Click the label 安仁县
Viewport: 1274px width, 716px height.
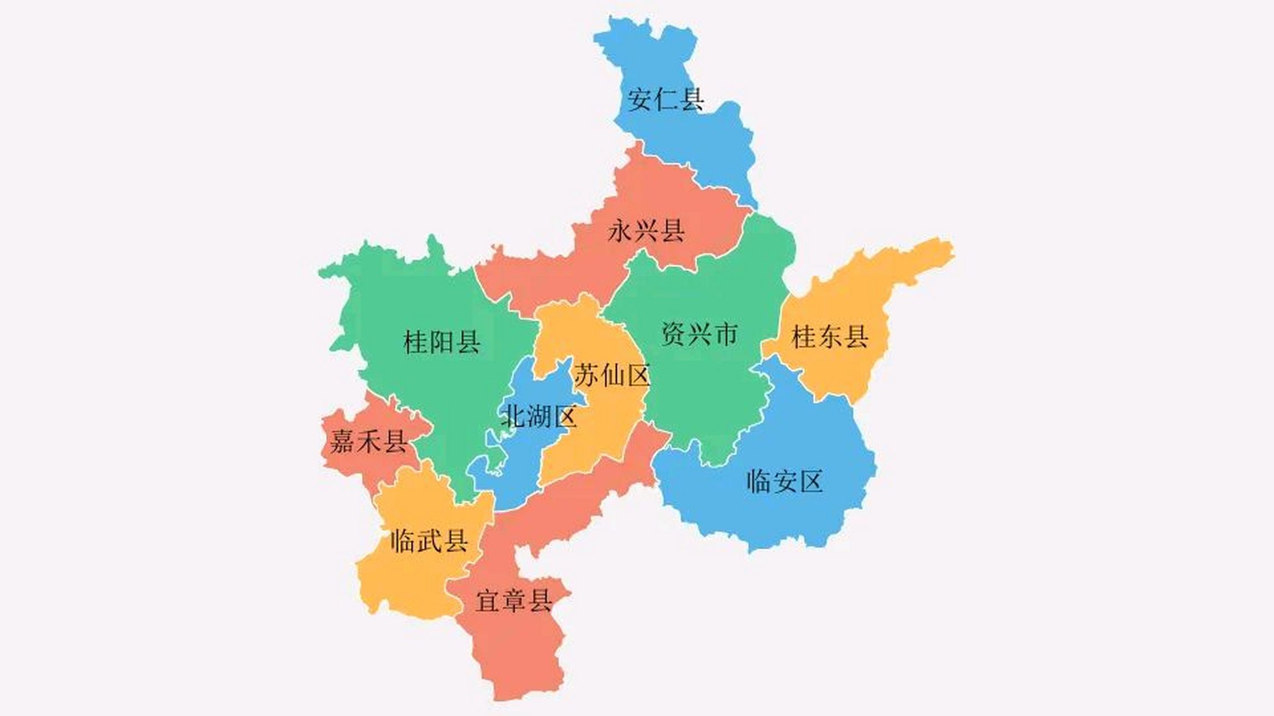[665, 100]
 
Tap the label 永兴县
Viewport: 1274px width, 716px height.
[646, 230]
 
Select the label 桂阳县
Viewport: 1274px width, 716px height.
[442, 341]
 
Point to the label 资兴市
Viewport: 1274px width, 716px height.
[699, 334]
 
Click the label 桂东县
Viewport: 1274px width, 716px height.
[830, 337]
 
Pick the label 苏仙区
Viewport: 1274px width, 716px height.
[612, 375]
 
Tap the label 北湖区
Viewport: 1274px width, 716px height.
[538, 416]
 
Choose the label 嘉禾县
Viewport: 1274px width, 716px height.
[368, 441]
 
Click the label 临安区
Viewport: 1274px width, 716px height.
[784, 481]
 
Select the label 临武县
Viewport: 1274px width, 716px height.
[429, 540]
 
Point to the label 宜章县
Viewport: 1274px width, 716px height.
[514, 601]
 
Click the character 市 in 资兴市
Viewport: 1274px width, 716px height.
[725, 334]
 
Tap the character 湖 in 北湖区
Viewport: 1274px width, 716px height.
[538, 416]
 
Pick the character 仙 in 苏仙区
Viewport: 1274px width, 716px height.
[612, 375]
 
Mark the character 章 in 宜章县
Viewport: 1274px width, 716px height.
[514, 601]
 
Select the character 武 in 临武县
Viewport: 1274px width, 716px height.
[429, 540]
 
